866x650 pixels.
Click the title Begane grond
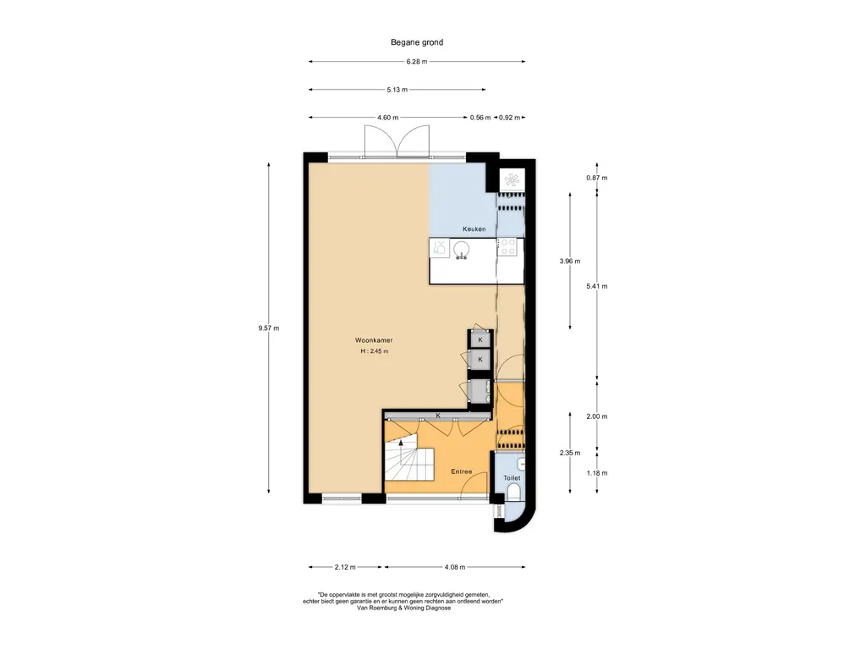(x=416, y=42)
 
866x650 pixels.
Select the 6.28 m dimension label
(x=416, y=62)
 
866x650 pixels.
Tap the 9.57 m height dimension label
(x=268, y=328)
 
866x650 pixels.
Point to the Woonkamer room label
(x=374, y=340)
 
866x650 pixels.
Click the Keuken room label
(x=474, y=229)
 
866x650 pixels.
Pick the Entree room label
(x=461, y=471)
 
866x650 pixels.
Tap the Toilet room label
(x=512, y=478)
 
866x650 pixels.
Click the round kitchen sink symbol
(x=461, y=250)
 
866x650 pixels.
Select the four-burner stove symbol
(x=508, y=246)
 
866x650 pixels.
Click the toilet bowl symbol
(x=513, y=492)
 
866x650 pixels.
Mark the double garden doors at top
(x=397, y=142)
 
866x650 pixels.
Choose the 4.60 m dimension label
(x=387, y=118)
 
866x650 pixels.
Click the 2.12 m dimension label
(x=345, y=567)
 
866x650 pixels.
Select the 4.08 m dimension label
(x=454, y=567)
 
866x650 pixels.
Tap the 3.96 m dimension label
(x=569, y=262)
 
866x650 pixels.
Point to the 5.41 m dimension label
(x=596, y=286)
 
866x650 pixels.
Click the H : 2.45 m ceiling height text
(x=374, y=351)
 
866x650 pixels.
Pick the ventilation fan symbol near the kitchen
(x=511, y=179)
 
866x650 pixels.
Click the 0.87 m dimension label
(x=596, y=178)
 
